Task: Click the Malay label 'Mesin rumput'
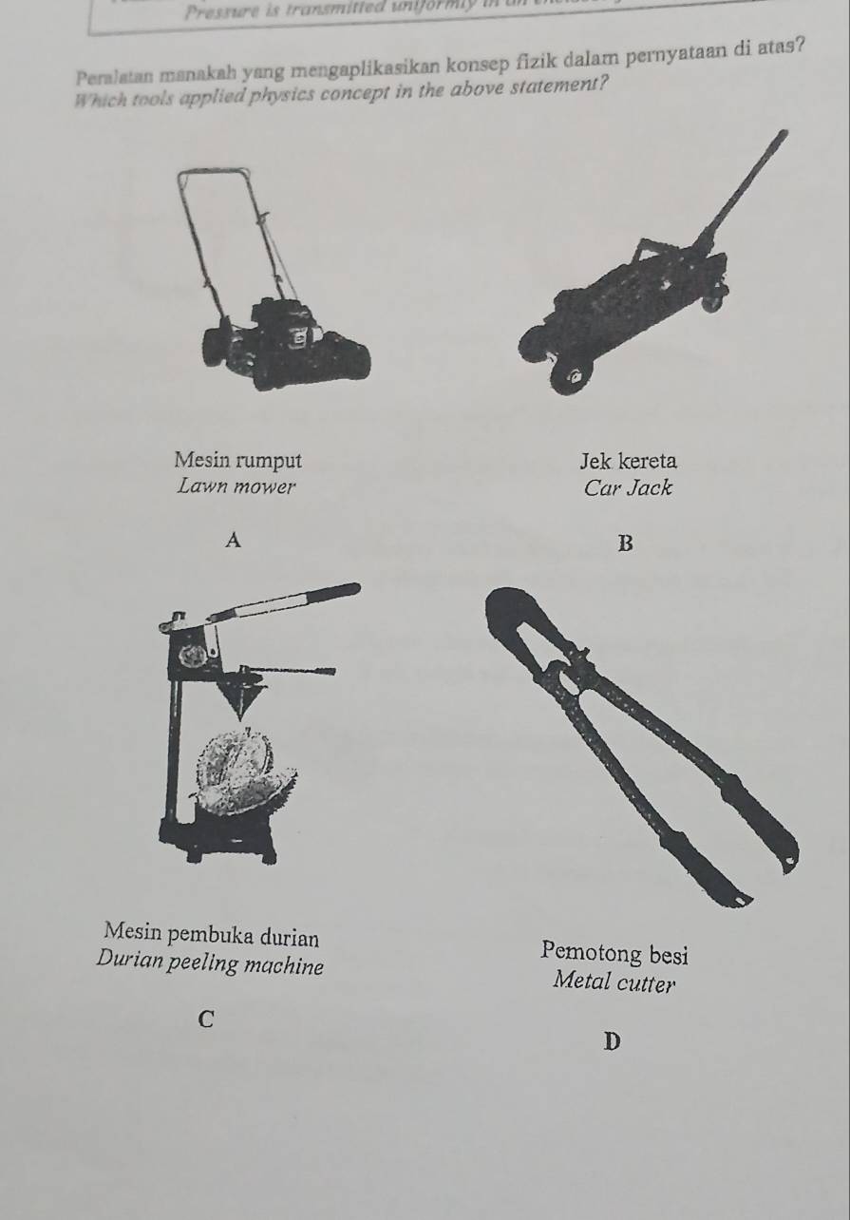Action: click(x=238, y=461)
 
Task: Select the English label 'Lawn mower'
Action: click(x=236, y=487)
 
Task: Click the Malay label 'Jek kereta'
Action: click(x=628, y=462)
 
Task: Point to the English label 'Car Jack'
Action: click(x=628, y=488)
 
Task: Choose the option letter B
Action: click(x=624, y=543)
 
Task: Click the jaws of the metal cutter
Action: click(x=518, y=623)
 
